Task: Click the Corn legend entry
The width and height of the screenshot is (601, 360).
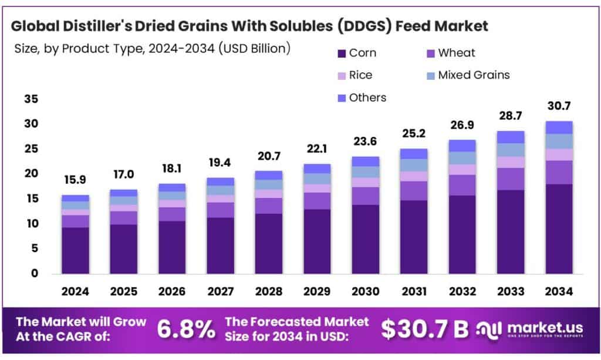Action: tap(356, 53)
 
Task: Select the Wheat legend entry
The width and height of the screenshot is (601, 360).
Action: tap(451, 53)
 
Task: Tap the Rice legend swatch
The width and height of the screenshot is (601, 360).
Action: tap(341, 75)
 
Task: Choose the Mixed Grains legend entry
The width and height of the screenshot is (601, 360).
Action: tap(467, 75)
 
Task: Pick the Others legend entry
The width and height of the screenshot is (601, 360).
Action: tap(361, 97)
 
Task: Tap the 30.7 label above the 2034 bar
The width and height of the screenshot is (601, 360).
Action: tap(558, 106)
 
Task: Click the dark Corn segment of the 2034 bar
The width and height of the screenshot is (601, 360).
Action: tap(558, 229)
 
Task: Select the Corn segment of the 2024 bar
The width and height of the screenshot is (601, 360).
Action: tap(76, 250)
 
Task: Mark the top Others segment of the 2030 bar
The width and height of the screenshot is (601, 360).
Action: tap(365, 162)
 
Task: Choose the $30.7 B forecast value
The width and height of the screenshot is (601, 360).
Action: tap(424, 329)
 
